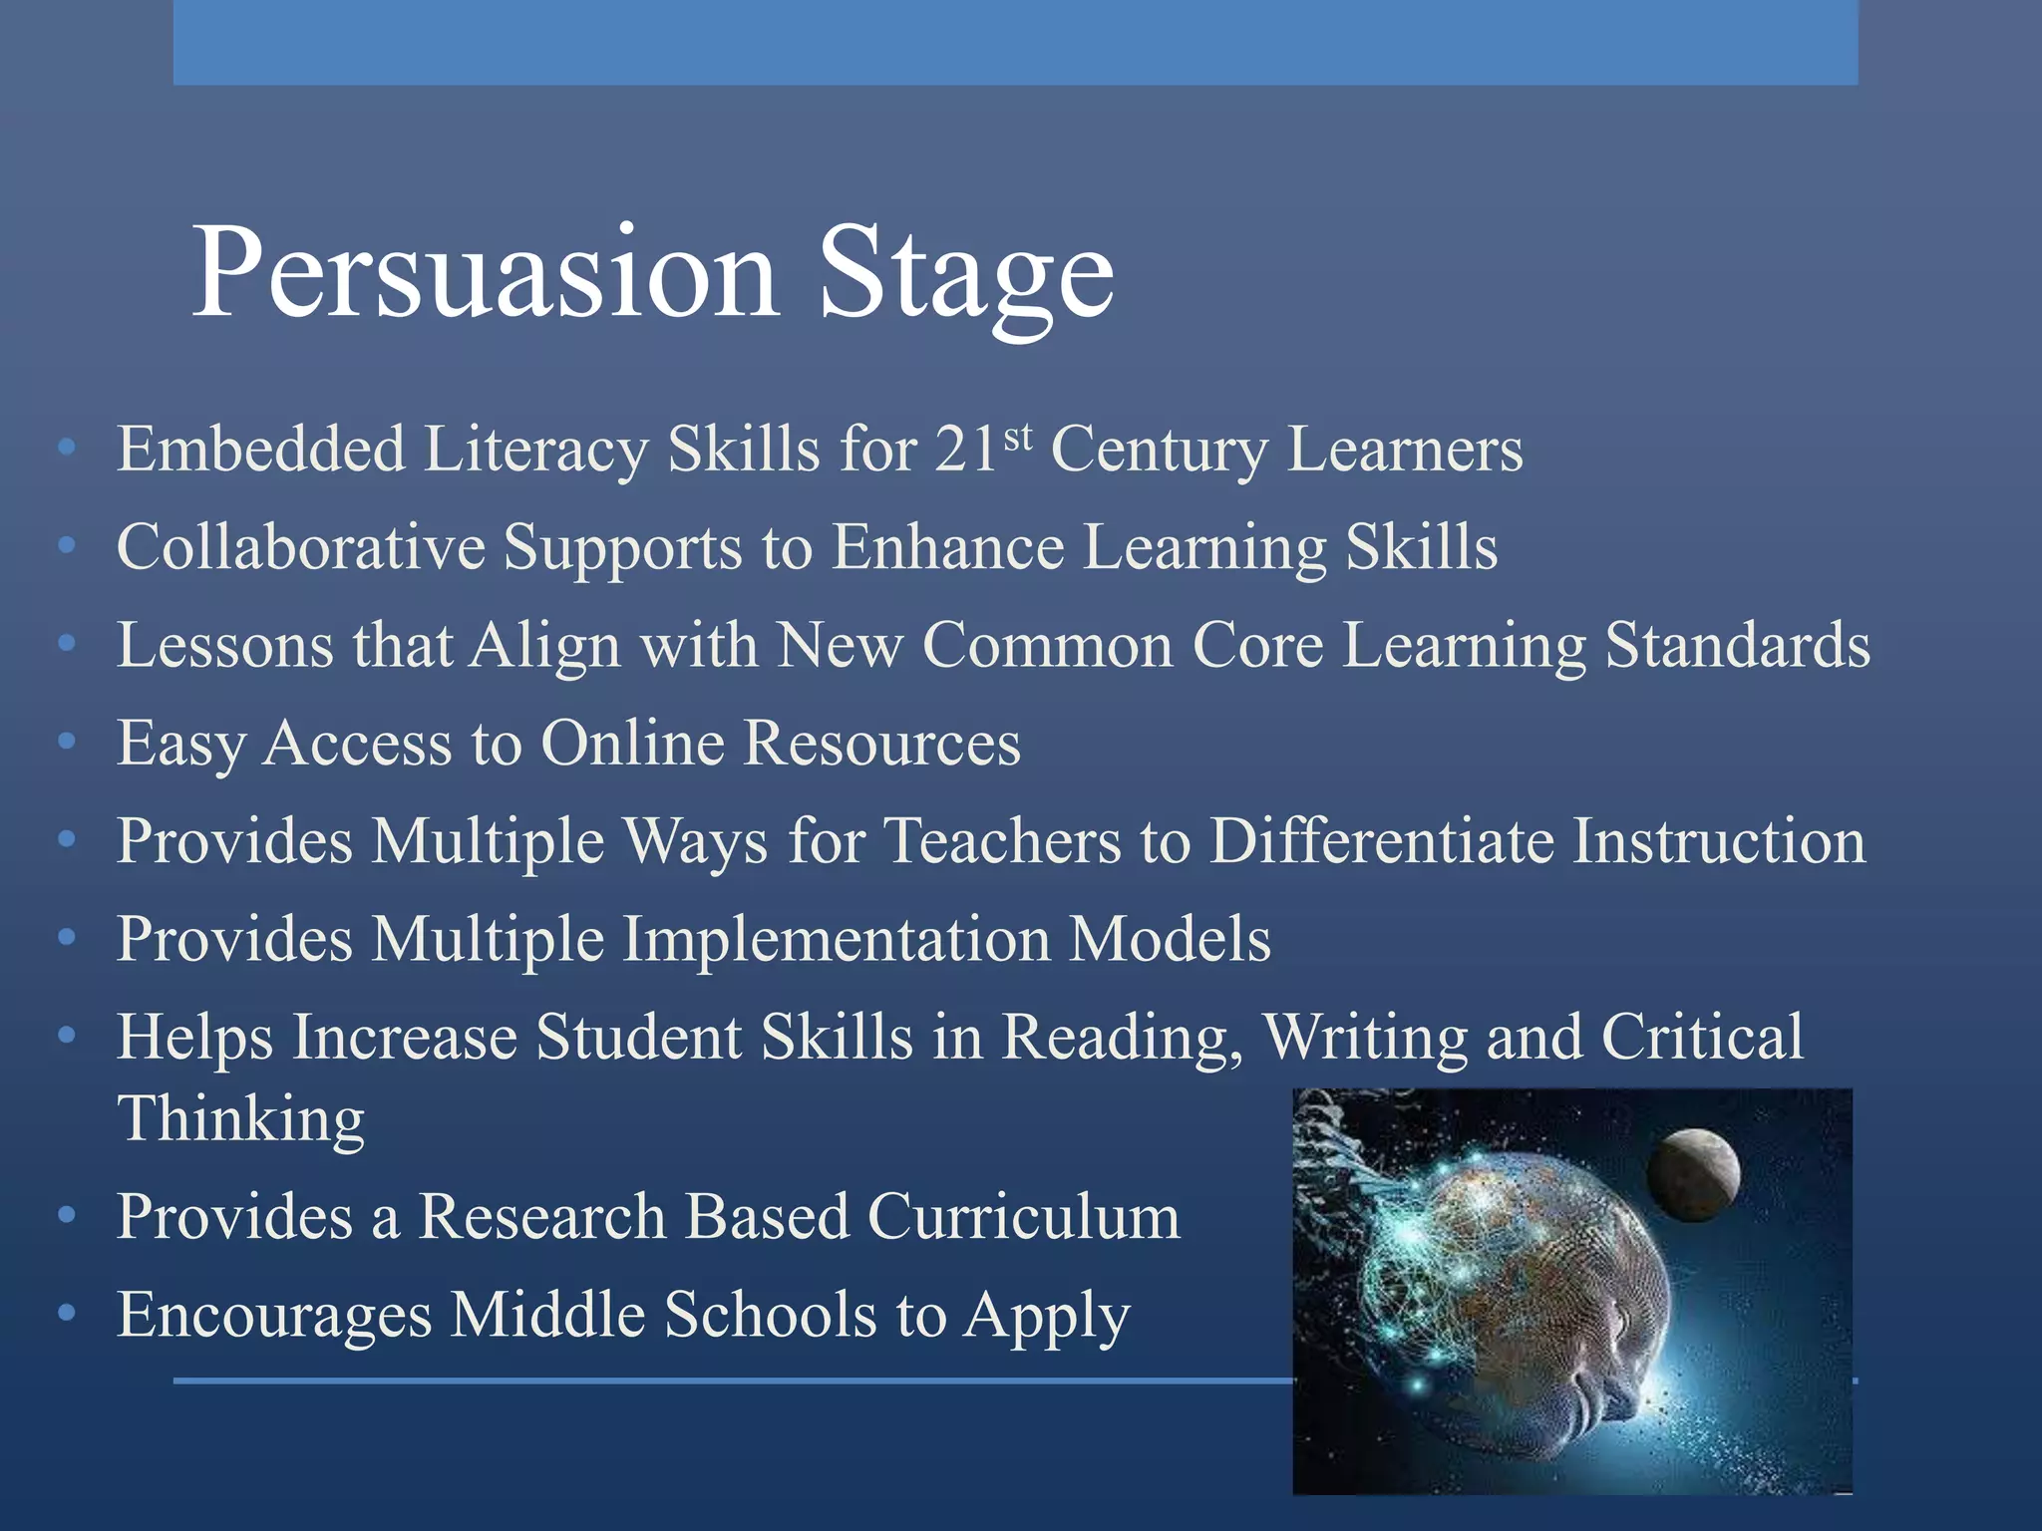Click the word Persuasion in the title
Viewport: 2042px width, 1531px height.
(x=485, y=271)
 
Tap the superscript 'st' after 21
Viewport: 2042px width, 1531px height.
(x=1017, y=437)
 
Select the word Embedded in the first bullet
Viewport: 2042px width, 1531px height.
(x=261, y=449)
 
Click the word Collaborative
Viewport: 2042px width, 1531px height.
(x=300, y=546)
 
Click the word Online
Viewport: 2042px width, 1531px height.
(x=632, y=743)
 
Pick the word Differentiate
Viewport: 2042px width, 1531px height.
(x=1382, y=840)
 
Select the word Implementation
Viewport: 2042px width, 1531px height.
(x=836, y=939)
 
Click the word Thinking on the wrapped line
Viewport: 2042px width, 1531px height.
(x=241, y=1118)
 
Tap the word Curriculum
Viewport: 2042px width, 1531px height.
(x=1023, y=1217)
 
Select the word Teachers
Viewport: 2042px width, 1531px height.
(x=1002, y=840)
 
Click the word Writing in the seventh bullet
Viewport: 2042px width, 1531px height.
(x=1365, y=1037)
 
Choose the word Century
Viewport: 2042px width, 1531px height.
(x=1159, y=449)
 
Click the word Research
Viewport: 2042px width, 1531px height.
(x=541, y=1217)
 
